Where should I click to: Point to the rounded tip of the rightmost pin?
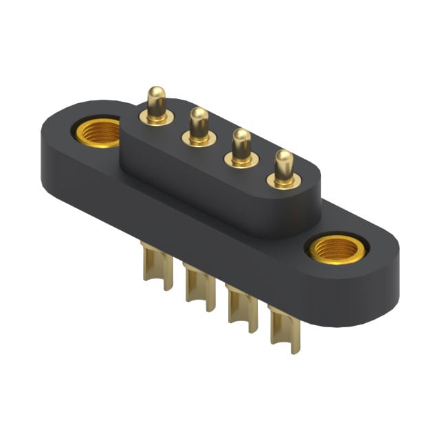pos(283,157)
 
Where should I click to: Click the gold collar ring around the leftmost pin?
pos(157,119)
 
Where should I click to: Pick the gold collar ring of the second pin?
pos(199,140)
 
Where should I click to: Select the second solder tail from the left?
pos(196,282)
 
